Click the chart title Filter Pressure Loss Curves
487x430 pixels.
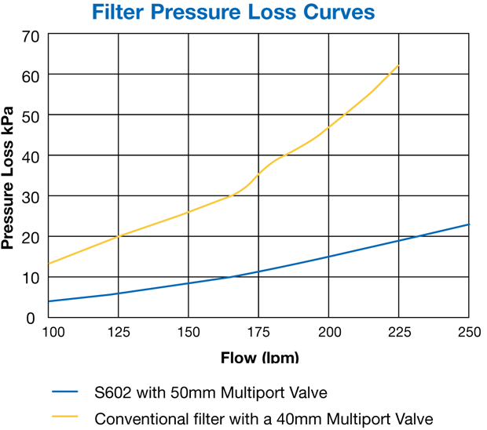click(233, 13)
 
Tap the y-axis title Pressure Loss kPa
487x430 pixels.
click(9, 178)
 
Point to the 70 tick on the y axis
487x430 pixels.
click(31, 36)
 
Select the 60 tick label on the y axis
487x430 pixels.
click(31, 76)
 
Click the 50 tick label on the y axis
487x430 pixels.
click(31, 116)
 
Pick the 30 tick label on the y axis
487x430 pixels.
click(31, 197)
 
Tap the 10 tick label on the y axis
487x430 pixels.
click(31, 278)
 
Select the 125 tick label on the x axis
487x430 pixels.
click(119, 333)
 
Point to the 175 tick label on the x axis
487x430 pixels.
click(258, 333)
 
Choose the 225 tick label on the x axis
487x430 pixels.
click(399, 333)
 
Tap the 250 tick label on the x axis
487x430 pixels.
click(468, 333)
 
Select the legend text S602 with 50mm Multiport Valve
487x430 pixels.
click(211, 392)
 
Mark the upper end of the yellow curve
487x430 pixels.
click(399, 64)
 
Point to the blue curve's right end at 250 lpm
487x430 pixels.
click(469, 224)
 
